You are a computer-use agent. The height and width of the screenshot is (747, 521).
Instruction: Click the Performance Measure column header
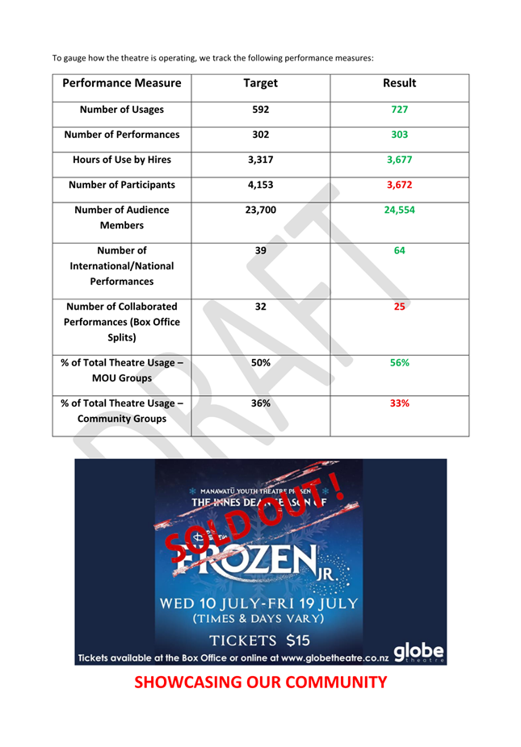[121, 83]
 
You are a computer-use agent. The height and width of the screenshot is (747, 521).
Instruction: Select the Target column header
[260, 83]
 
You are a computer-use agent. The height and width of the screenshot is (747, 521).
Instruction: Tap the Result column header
[399, 83]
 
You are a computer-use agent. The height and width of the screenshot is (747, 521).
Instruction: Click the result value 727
[399, 110]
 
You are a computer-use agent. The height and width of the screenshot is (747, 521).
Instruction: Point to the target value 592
[260, 110]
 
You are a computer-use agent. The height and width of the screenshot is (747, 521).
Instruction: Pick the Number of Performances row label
[121, 135]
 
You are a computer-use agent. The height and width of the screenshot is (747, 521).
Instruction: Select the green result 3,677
[399, 160]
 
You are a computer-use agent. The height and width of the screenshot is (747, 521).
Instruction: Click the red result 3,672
[399, 185]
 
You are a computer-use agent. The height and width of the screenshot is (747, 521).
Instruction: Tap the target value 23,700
[260, 210]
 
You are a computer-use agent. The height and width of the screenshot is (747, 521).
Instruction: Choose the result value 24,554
[399, 210]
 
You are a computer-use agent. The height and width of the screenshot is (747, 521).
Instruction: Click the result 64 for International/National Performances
[399, 250]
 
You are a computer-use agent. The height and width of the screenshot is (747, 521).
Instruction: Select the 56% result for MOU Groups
[399, 362]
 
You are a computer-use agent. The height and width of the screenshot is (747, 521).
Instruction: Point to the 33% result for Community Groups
[399, 403]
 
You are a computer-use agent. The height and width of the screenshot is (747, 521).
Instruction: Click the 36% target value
[260, 403]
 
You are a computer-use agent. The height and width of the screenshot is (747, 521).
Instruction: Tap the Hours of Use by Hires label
[121, 160]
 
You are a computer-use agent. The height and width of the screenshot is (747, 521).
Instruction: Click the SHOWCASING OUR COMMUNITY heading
[260, 682]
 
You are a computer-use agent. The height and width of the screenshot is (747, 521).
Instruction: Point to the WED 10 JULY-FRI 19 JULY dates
[260, 603]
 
